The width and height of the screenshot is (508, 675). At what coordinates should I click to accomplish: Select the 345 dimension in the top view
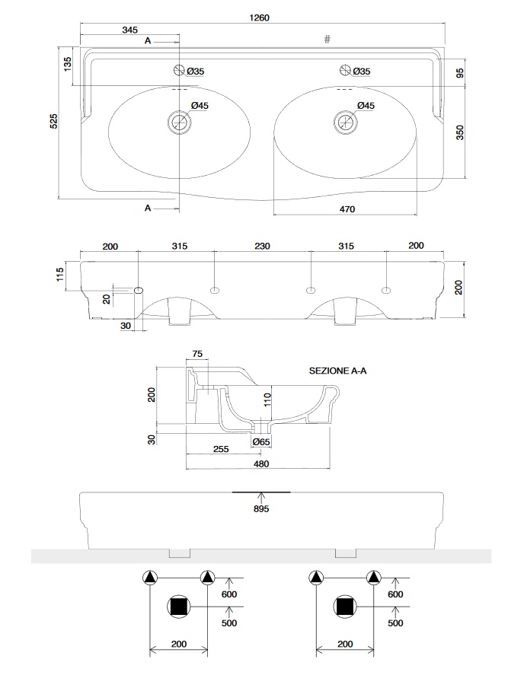(129, 30)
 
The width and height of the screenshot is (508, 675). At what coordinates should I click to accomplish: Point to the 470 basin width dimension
(347, 208)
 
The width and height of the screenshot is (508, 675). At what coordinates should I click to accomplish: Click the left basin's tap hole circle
(180, 71)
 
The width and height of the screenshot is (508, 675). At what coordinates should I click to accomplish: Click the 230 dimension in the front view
(262, 246)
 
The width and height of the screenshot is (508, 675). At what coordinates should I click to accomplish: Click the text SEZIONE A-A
(337, 371)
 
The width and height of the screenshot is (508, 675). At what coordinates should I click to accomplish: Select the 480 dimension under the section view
(261, 463)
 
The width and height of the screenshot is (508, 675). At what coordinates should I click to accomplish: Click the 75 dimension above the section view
(196, 354)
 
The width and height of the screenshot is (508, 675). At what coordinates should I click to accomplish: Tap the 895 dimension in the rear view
(261, 509)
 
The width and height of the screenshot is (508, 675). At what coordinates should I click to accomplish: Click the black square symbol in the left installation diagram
(180, 606)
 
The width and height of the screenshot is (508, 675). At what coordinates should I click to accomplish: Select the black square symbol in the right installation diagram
(345, 606)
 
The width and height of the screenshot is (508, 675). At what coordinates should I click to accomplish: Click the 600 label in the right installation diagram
(395, 594)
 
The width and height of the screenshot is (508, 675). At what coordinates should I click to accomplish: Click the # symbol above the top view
(327, 40)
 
